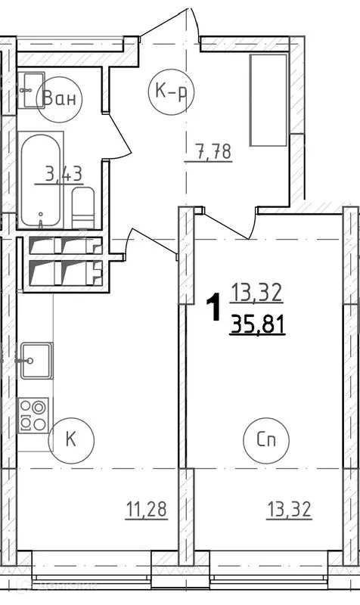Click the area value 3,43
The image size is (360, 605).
click(x=64, y=176)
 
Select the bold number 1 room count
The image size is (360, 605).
click(x=214, y=309)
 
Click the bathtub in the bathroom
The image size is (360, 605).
click(x=42, y=180)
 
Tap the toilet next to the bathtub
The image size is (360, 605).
click(x=82, y=205)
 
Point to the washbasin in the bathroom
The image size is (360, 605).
click(x=32, y=91)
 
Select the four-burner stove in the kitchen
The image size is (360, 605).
click(x=33, y=414)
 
